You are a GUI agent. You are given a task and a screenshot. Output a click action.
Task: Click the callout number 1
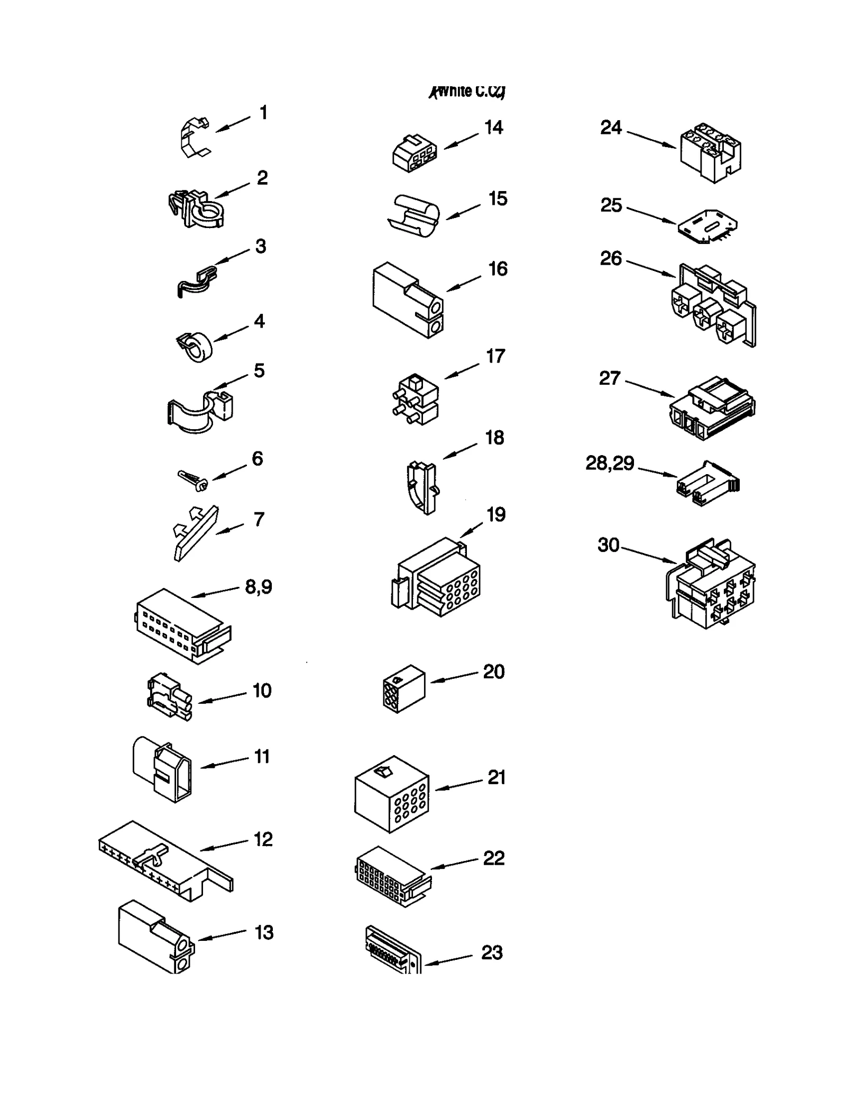pos(263,113)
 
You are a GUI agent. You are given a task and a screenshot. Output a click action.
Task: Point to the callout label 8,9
pos(259,586)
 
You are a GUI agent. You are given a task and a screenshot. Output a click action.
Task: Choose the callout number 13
pos(264,932)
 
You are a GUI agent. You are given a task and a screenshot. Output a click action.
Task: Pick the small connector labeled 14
pos(415,154)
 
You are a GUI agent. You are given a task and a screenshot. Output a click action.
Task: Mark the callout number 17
pos(495,356)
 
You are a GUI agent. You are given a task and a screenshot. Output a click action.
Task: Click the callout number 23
pos(492,952)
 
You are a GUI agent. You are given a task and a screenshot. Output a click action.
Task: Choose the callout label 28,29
pos(610,463)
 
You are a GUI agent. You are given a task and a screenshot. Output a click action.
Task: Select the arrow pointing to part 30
pos(649,554)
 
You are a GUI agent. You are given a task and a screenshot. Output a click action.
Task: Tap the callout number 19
pos(496,515)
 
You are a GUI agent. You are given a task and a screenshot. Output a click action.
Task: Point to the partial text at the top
pos(467,92)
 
